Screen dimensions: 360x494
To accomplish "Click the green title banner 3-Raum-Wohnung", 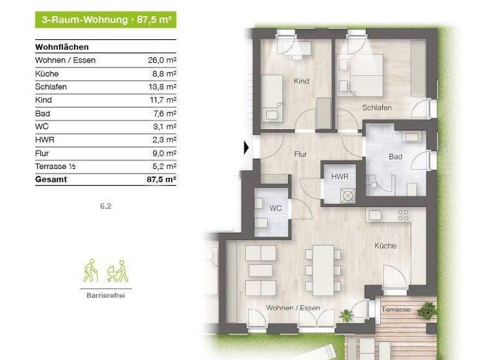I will (105, 19).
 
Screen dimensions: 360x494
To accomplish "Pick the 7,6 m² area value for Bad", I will (163, 113).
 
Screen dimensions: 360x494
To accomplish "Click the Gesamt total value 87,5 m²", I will (161, 180).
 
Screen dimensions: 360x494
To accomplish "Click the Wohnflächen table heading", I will (62, 47).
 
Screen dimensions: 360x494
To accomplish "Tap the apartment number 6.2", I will (105, 206).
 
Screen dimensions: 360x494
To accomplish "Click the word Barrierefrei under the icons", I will (105, 296).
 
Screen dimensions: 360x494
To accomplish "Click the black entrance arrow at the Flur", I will (246, 148).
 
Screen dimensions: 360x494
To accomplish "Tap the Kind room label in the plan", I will (300, 81).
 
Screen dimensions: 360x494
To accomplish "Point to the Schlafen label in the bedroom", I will (376, 107).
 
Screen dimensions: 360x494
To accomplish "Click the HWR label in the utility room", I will (338, 175).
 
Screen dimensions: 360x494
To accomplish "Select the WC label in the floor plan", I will (275, 208).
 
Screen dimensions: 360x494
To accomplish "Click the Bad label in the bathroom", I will (395, 157).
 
